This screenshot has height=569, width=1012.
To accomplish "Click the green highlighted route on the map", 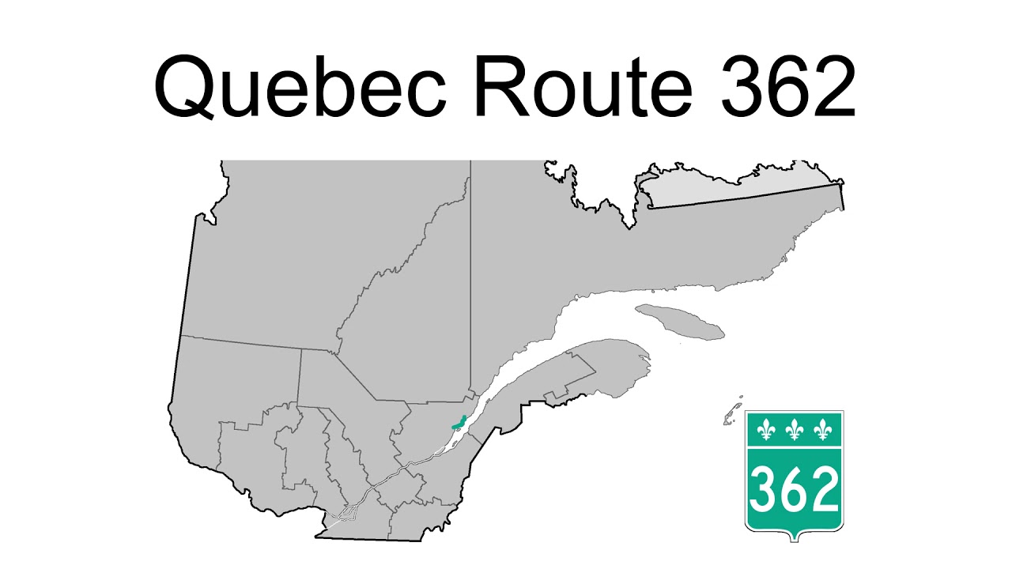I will click(457, 424).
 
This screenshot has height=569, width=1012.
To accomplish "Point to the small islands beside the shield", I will click(732, 413).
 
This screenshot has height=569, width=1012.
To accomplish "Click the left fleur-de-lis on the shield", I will click(765, 430).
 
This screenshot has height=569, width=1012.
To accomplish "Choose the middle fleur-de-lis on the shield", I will click(794, 430).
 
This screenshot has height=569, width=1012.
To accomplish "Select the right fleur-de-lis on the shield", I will click(823, 430).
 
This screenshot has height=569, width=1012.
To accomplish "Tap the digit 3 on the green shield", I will click(764, 489).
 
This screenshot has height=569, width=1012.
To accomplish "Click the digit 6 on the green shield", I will click(794, 489).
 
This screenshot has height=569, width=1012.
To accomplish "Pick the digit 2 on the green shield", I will click(823, 489).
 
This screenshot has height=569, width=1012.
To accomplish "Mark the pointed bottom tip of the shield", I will click(794, 541).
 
